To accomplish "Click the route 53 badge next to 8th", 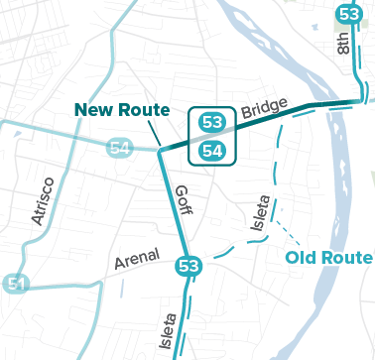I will click(348, 14).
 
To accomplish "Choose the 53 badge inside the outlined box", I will click(211, 122).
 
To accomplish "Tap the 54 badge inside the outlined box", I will click(211, 151).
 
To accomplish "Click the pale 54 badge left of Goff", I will click(120, 148).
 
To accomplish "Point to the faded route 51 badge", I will click(15, 284).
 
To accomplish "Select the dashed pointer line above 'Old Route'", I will click(289, 229).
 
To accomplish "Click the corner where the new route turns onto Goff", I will click(159, 152).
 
